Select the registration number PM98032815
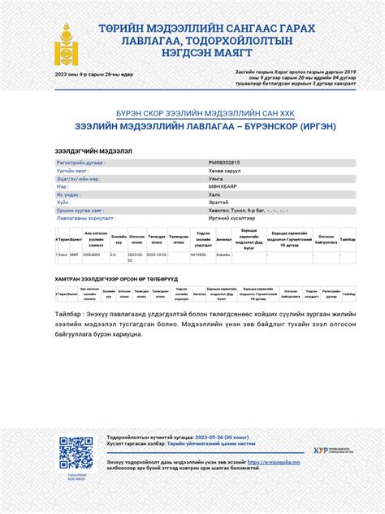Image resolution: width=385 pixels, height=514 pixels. pos(224,163)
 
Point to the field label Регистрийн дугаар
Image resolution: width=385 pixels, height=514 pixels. pos(80,163)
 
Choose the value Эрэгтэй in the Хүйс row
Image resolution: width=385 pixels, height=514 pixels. pos(217,203)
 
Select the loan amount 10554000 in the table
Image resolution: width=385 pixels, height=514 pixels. pos(92,255)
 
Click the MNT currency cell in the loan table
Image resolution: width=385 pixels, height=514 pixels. pos(74,255)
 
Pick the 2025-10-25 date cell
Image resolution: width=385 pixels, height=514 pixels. pos(157,255)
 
